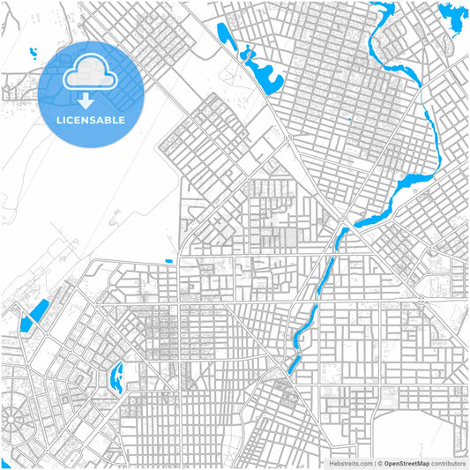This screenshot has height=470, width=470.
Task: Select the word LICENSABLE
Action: [x=92, y=119]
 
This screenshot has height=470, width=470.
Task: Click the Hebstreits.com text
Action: [x=351, y=462]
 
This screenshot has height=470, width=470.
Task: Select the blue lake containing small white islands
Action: [x=116, y=377]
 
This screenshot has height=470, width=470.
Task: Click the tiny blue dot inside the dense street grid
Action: [x=350, y=120]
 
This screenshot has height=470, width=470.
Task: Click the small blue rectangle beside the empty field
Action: [x=168, y=261]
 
